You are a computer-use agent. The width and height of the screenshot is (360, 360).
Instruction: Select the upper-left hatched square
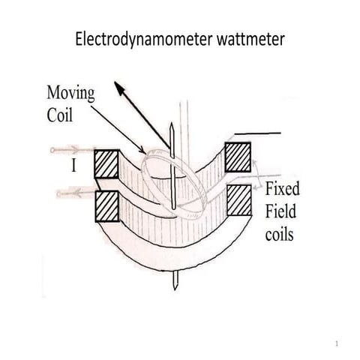coord(107,163)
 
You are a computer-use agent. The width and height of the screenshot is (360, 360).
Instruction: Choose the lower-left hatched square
coord(107,205)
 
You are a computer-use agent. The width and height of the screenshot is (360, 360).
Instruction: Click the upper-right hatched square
coord(238,156)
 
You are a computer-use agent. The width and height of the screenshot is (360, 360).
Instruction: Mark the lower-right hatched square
coord(238,199)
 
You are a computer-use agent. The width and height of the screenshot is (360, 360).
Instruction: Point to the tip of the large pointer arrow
coord(115,85)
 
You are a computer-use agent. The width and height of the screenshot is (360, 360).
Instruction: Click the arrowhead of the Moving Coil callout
coord(144,151)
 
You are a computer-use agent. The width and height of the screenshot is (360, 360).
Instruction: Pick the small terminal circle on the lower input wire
coord(58,194)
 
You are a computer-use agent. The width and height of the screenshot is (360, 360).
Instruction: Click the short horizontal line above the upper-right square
coord(259,133)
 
